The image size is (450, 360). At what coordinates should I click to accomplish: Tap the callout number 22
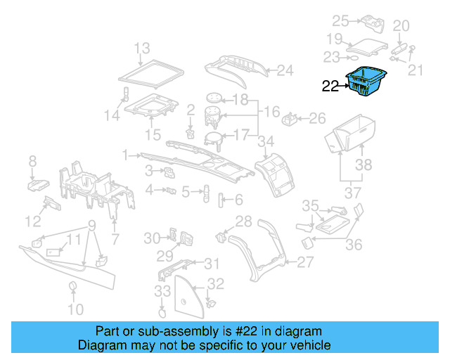(330, 87)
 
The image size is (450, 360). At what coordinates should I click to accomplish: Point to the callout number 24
(284, 70)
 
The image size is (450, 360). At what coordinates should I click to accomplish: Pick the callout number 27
(304, 262)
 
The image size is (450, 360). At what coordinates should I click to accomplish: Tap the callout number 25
(340, 20)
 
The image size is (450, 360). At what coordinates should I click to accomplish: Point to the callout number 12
(33, 222)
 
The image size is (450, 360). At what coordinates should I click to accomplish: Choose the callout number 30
(152, 238)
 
